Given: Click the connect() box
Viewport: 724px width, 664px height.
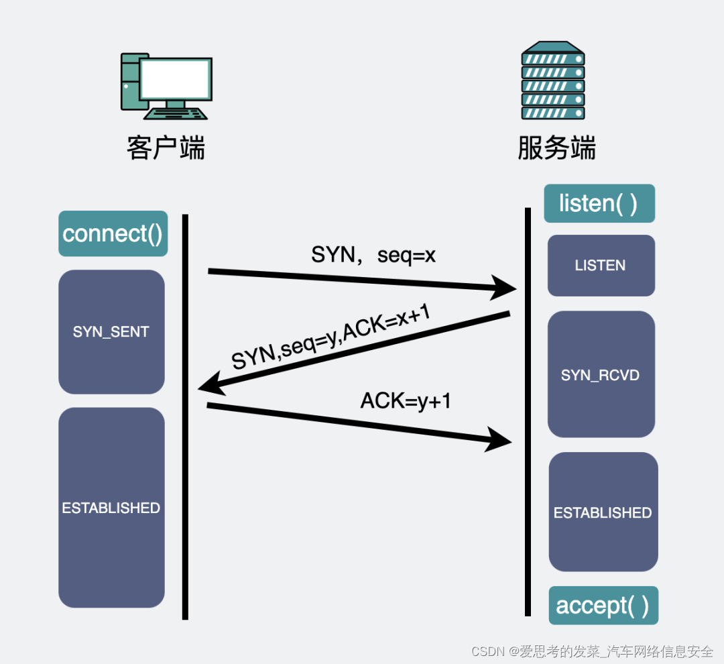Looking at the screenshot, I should (113, 233).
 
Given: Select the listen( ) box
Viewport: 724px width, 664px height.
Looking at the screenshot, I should (599, 203).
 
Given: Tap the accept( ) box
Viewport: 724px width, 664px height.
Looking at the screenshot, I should (603, 605).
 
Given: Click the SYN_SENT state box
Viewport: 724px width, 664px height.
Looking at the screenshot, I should (111, 332).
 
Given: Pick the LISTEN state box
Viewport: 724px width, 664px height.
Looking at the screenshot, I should (601, 266).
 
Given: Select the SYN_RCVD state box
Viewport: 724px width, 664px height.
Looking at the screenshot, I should (601, 374).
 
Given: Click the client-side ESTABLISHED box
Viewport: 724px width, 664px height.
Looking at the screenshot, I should (111, 508).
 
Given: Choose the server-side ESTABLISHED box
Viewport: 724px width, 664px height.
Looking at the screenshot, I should (603, 512).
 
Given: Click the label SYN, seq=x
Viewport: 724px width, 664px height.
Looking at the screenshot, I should (373, 255).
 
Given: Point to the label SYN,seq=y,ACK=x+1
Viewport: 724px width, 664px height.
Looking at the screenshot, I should (330, 341).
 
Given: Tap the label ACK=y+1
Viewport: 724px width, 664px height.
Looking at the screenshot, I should (406, 400).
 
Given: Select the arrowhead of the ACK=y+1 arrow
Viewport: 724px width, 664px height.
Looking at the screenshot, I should (499, 440).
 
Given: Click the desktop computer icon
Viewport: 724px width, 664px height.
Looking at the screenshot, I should (166, 86).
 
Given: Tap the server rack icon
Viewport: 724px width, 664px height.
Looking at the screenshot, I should (553, 80).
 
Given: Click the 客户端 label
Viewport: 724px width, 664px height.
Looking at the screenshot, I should (166, 148).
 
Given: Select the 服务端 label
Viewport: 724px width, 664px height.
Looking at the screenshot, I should (556, 148).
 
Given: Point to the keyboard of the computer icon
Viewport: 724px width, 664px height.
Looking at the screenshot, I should (177, 113).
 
